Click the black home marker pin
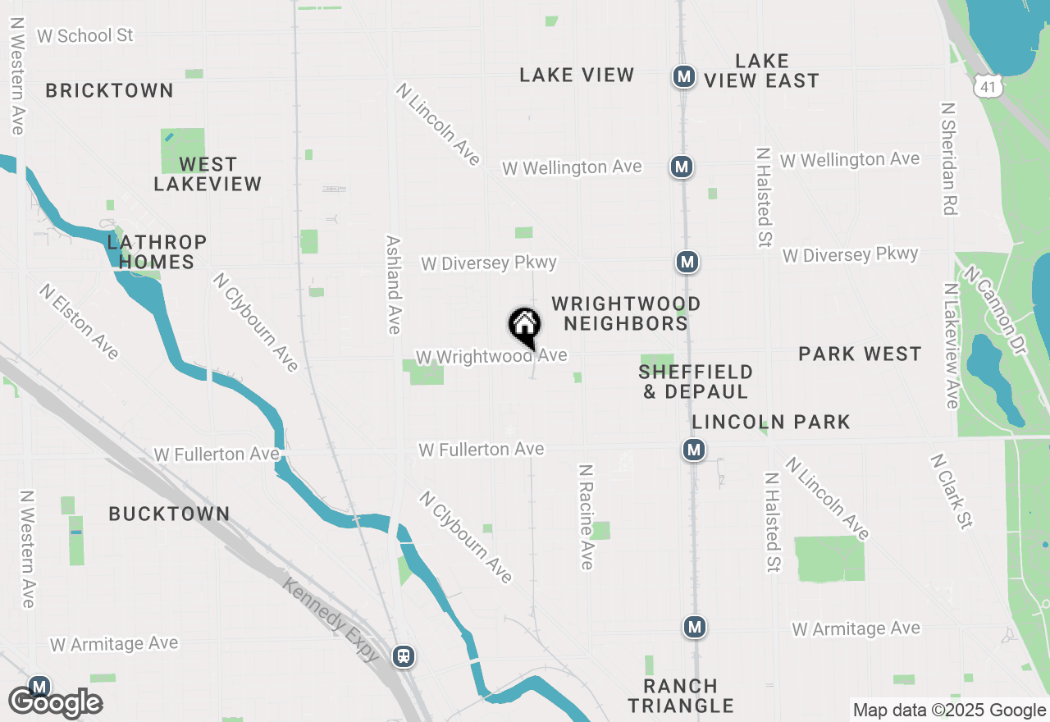pyautogui.click(x=524, y=327)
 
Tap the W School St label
pyautogui.click(x=85, y=35)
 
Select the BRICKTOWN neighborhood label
pyautogui.click(x=109, y=90)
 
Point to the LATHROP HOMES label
pyautogui.click(x=156, y=252)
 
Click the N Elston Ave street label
pyautogui.click(x=79, y=322)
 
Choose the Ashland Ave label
pyautogui.click(x=394, y=285)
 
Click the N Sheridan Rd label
pyautogui.click(x=950, y=158)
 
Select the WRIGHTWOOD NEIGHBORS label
pyautogui.click(x=626, y=313)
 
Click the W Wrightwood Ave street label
pyautogui.click(x=491, y=356)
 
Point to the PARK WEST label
pyautogui.click(x=860, y=354)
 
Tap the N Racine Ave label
pyautogui.click(x=586, y=517)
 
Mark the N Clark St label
pyautogui.click(x=951, y=491)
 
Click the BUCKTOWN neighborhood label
pyautogui.click(x=169, y=514)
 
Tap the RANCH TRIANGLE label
pyautogui.click(x=681, y=696)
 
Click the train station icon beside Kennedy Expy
pyautogui.click(x=403, y=656)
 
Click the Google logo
pyautogui.click(x=55, y=702)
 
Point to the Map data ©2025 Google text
pyautogui.click(x=949, y=711)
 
